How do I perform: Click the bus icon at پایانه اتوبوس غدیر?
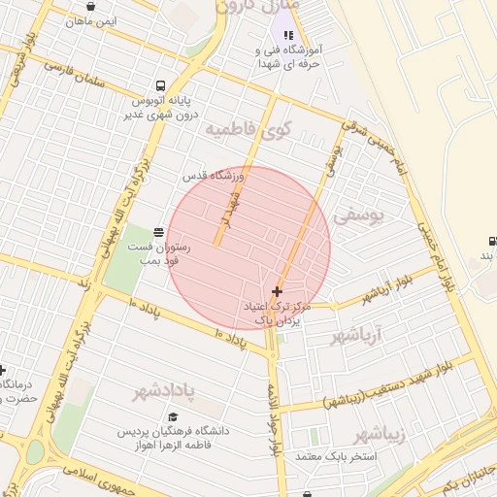coord(161,84)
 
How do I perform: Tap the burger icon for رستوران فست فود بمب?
coord(158,232)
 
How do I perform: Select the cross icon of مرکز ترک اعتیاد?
coord(279,290)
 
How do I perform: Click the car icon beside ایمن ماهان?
coord(90,6)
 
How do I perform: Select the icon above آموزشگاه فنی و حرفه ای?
coord(288,35)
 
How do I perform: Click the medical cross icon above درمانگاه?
coord(3,370)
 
